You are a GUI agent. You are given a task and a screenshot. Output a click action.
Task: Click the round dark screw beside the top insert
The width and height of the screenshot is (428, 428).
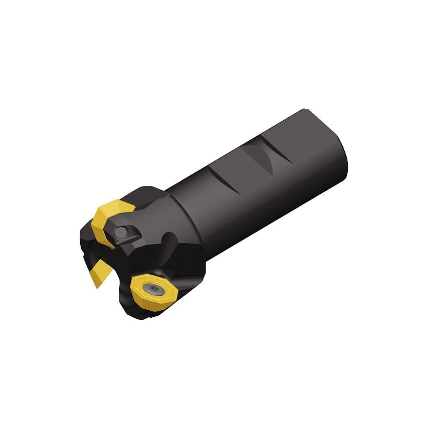[x=121, y=232]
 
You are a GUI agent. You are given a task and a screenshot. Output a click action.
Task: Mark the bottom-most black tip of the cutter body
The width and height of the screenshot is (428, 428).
[x=143, y=319]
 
